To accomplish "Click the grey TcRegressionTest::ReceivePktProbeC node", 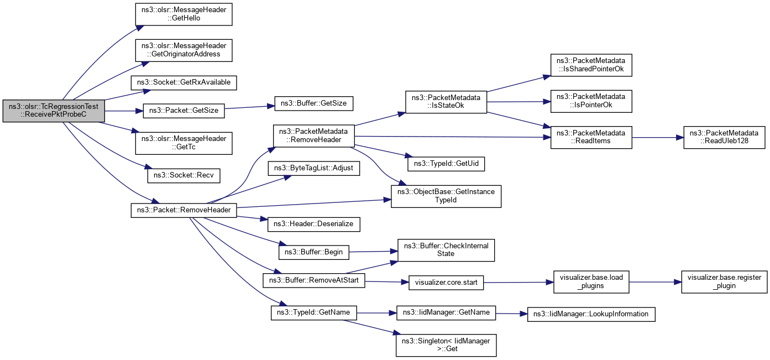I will coord(54,111).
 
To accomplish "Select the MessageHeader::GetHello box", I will coord(184,13).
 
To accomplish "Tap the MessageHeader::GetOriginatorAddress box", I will coord(184,50).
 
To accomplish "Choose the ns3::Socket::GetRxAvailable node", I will coord(184,82).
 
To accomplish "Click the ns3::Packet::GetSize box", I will coord(184,111).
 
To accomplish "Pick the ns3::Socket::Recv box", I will coord(184,176).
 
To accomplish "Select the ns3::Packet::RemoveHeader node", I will coord(184,211).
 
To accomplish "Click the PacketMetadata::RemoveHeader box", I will coord(313,136).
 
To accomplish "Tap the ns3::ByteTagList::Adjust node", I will coord(313,168).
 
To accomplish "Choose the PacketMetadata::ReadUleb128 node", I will coord(724,137).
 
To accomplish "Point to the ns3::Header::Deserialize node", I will coord(313,224).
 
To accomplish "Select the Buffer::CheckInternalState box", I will coord(446,250).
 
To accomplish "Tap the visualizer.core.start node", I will coord(446,283).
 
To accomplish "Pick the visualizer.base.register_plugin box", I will coord(724,282).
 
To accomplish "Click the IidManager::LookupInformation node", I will coord(591,314).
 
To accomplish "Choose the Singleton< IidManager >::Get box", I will coord(446,345).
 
